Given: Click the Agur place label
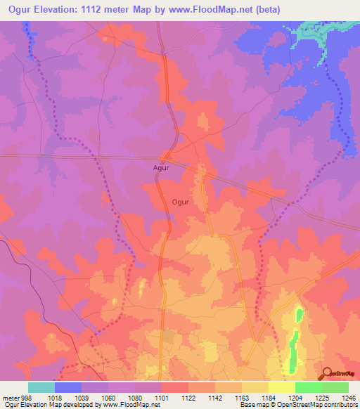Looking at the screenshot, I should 162,168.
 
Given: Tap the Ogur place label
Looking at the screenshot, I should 180,202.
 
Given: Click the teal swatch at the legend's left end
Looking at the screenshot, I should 41,387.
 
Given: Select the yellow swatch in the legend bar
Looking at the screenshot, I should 281,387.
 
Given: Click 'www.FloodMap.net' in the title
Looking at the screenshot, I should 212,10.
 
